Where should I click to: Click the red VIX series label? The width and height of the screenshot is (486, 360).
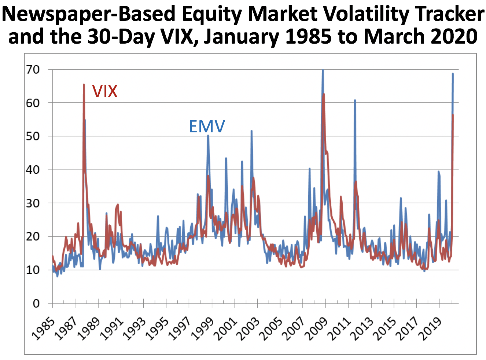(105, 91)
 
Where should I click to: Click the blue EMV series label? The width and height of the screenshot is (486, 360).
(207, 127)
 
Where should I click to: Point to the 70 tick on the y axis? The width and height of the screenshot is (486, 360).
(33, 69)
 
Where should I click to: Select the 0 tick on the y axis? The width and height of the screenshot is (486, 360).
(36, 304)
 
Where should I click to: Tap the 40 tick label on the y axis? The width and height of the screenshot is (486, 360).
(33, 170)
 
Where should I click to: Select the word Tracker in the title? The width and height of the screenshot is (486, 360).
(453, 15)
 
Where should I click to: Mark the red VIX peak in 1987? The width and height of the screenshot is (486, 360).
(84, 85)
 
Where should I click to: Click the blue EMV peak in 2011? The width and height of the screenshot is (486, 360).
(355, 100)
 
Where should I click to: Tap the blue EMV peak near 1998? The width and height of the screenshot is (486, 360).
(208, 136)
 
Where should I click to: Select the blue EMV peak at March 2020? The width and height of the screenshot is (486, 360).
(453, 74)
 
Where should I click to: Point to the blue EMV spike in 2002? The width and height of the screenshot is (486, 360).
(251, 131)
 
